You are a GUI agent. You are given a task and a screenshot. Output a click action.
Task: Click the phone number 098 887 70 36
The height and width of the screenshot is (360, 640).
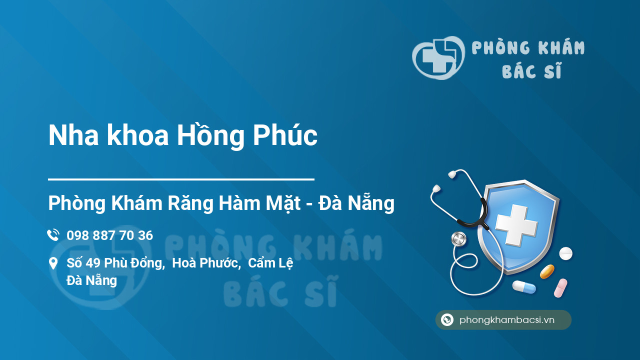pos(109,235)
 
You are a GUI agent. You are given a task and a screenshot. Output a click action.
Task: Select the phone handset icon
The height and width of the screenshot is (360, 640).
pos(53,235)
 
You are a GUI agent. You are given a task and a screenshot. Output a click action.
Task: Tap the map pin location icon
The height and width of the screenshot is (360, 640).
pos(53,263)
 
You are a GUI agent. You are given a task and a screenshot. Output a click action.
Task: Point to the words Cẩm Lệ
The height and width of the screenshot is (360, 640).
pos(270,263)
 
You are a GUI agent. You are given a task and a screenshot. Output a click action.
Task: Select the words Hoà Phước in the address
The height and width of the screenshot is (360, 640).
pos(205,263)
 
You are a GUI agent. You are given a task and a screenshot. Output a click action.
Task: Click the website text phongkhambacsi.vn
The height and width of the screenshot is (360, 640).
pos(507,320)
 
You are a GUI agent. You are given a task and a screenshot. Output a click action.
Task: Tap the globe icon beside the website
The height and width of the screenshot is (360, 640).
pos(447,320)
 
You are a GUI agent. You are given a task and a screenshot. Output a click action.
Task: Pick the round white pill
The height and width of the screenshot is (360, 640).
pos(565,253)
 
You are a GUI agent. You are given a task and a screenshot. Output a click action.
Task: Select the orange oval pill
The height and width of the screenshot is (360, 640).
pos(547,271)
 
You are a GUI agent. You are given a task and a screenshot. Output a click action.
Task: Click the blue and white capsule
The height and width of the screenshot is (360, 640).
pos(523,287)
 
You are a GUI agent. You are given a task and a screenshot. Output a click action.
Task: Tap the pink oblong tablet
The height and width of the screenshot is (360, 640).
pos(560,288)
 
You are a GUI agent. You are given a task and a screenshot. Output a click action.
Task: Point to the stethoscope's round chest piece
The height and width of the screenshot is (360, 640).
pos(458,239)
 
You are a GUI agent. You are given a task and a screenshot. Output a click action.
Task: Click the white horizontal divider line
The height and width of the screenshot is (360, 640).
pos(181,178)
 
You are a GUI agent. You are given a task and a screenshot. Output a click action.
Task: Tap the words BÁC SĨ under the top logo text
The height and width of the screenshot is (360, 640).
pos(532,71)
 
